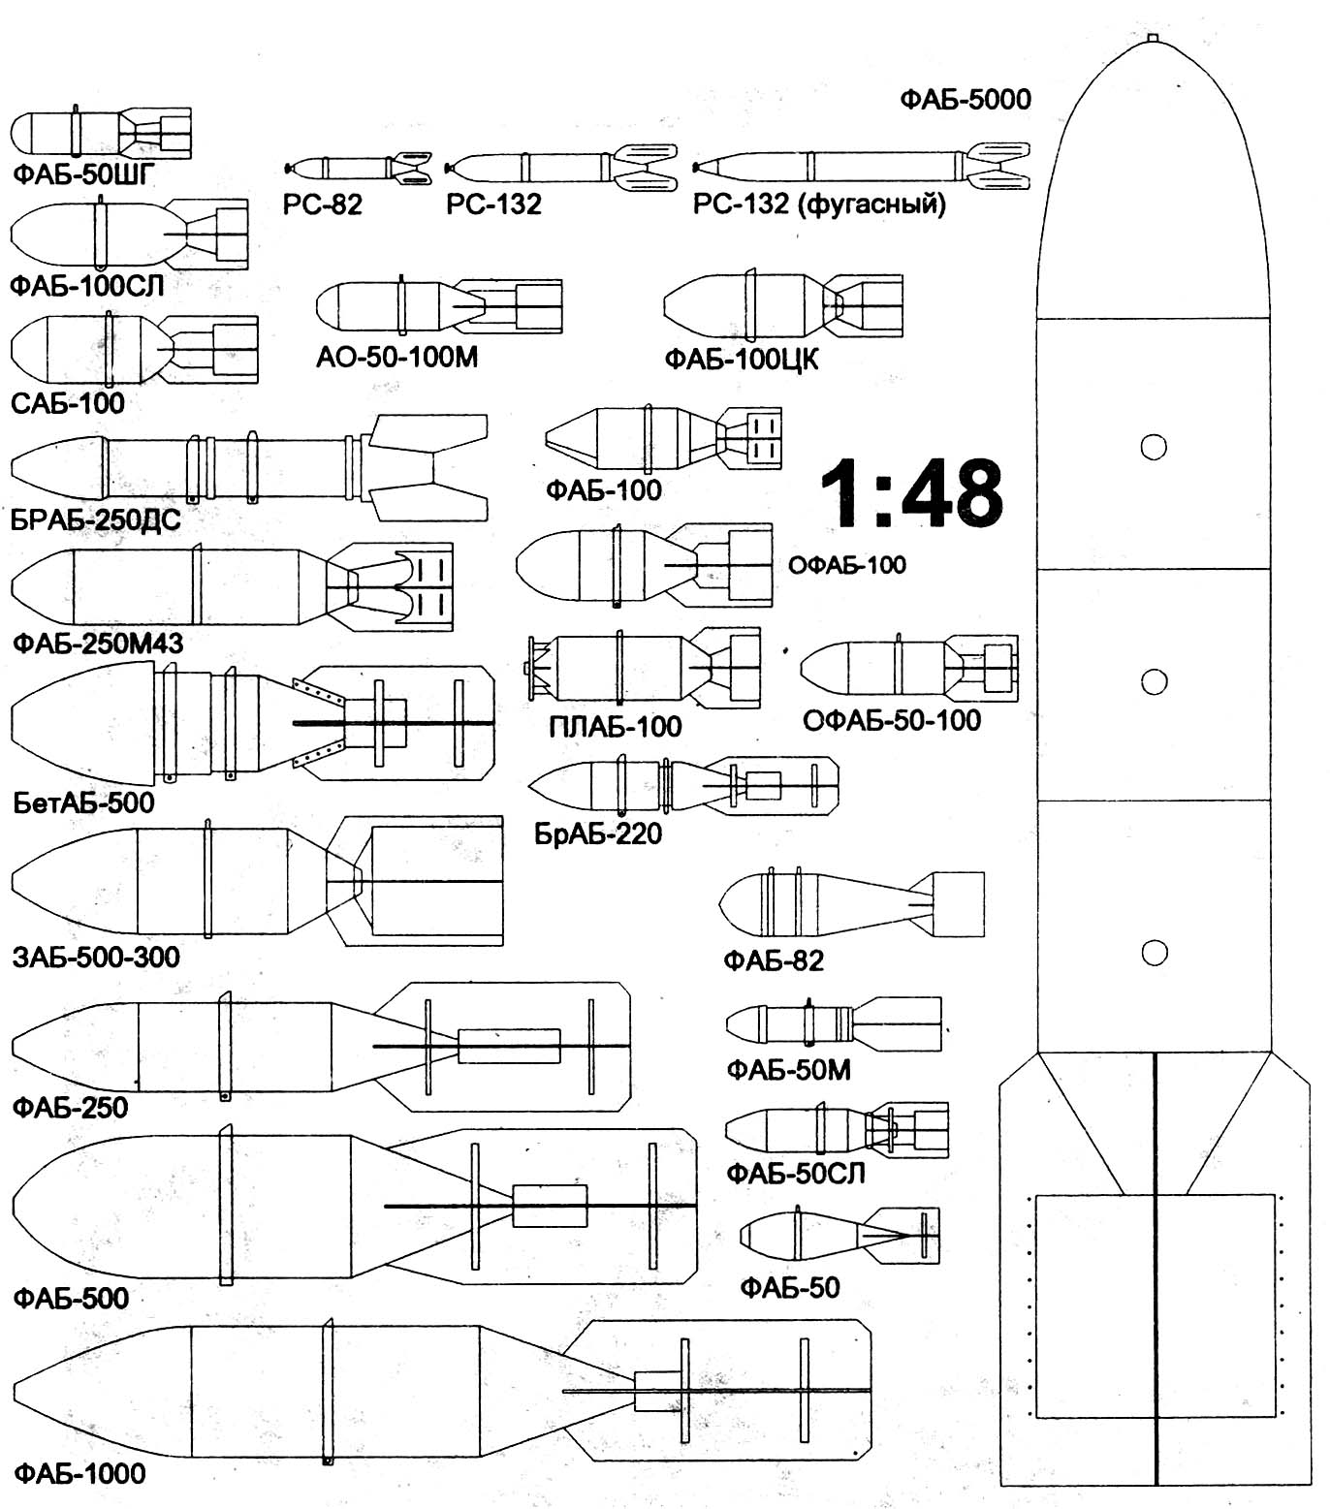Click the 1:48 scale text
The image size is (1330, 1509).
click(x=911, y=493)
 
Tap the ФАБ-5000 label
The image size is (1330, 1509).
click(x=965, y=99)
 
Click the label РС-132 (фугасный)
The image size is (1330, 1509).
click(x=819, y=204)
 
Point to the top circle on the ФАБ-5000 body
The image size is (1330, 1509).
click(x=1153, y=447)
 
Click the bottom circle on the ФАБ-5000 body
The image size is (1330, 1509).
click(x=1154, y=953)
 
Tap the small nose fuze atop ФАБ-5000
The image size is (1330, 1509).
click(x=1153, y=39)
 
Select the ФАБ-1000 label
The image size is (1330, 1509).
click(x=79, y=1474)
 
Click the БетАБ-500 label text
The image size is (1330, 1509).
click(x=83, y=802)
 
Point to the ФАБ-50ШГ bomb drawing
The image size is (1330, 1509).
click(x=101, y=133)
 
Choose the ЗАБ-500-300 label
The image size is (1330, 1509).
click(x=96, y=958)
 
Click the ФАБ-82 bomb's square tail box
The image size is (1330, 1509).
click(x=957, y=903)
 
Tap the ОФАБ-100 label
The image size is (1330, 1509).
click(x=846, y=565)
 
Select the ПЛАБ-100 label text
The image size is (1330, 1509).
click(x=615, y=727)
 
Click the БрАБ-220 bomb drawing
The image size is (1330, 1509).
click(x=683, y=784)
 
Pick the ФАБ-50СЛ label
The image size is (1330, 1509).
click(x=795, y=1174)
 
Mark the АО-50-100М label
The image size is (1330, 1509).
click(x=396, y=358)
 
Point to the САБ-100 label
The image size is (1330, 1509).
click(x=68, y=403)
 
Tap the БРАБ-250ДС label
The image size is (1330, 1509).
click(x=96, y=520)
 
